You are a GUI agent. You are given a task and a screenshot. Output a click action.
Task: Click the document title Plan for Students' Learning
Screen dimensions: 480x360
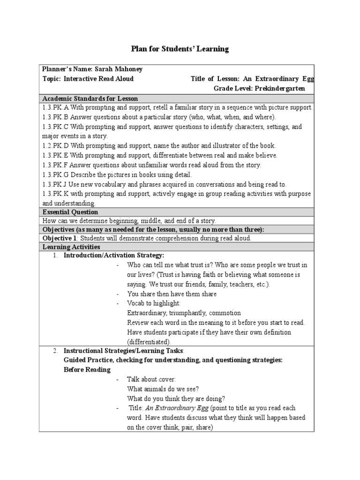[x=179, y=49]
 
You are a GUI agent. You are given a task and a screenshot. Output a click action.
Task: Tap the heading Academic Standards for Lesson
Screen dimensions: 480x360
[x=90, y=98]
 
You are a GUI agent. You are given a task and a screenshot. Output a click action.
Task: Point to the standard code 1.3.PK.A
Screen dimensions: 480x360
[x=56, y=108]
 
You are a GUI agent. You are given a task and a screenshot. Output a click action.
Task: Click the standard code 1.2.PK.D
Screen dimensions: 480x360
[x=56, y=145]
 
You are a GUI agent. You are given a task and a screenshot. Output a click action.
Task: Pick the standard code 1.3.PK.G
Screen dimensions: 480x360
[x=56, y=174]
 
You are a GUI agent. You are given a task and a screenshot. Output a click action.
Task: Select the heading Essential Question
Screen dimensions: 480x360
[x=70, y=212]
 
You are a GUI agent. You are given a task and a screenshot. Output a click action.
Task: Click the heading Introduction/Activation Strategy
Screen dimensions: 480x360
[x=114, y=255]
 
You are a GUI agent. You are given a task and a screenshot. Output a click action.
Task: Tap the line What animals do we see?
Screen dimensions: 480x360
[x=163, y=389]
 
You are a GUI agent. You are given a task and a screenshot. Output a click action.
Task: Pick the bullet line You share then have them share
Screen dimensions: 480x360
[x=172, y=294]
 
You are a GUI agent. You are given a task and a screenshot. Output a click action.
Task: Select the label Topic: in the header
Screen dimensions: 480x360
[x=52, y=79]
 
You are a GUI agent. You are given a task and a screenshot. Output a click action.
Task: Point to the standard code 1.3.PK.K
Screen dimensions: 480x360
[x=56, y=194]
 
